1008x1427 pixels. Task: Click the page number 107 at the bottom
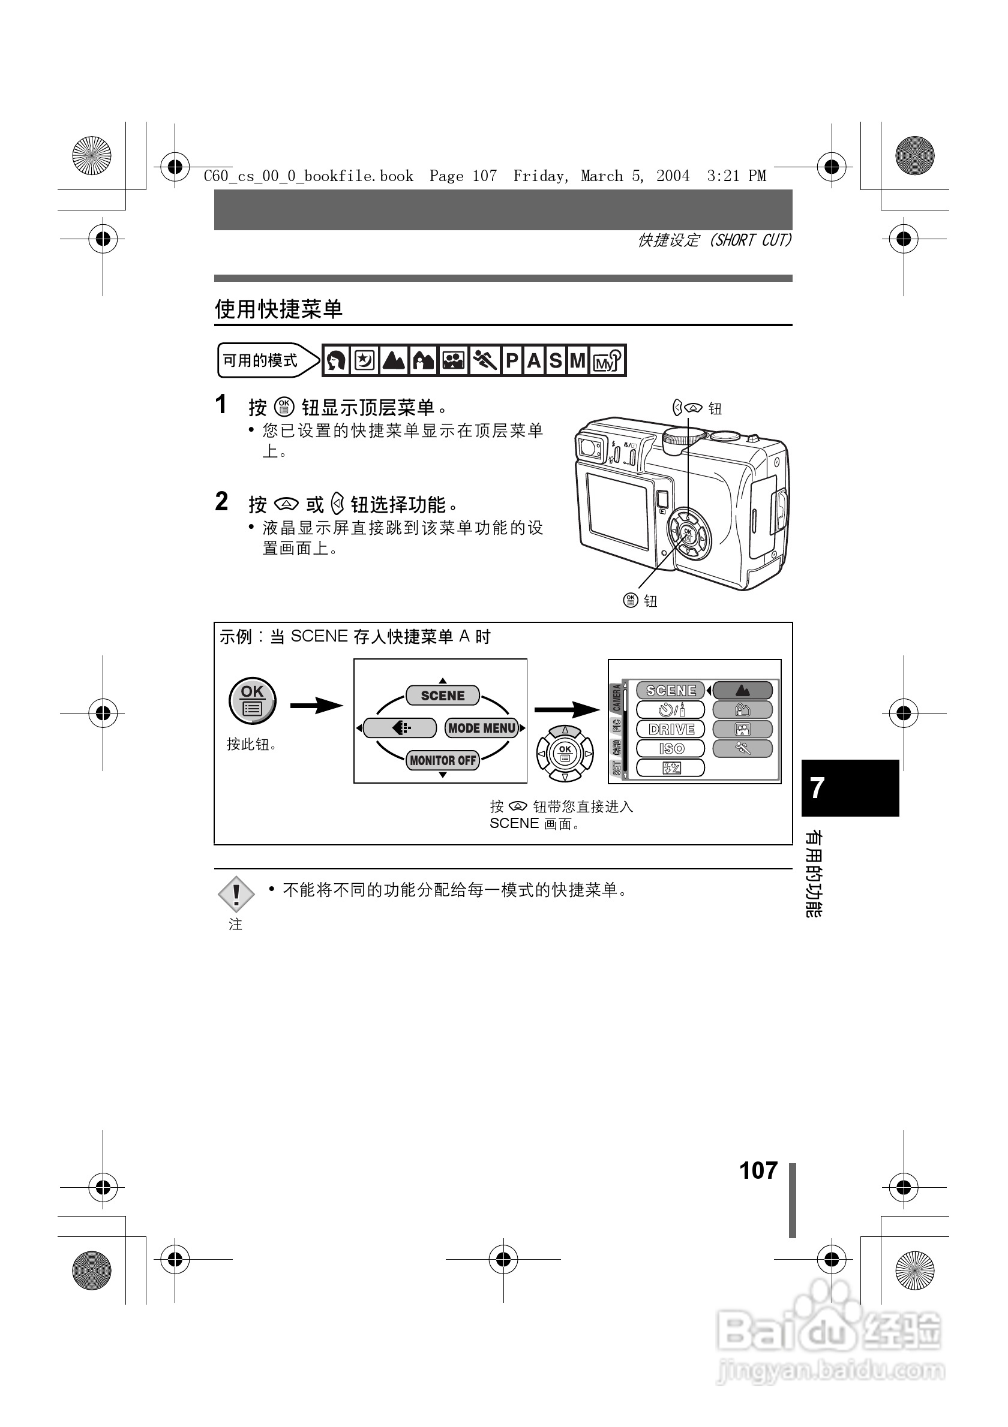coord(758,1171)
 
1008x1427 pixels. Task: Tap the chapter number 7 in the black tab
coord(818,787)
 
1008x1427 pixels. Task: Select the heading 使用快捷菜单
coord(278,309)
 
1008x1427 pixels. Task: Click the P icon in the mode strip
coord(512,360)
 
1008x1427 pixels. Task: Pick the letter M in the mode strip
coord(578,360)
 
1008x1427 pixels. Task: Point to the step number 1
coord(221,405)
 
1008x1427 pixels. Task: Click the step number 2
coord(221,502)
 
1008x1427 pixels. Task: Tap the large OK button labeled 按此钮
coord(252,700)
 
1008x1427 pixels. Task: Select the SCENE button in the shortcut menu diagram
coord(442,696)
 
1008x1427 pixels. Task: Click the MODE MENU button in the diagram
coord(482,728)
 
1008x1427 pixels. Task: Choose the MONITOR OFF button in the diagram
coord(442,760)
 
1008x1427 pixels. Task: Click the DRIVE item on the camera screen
coord(670,729)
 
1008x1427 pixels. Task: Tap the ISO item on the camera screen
coord(670,748)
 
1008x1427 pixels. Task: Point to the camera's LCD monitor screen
coord(617,511)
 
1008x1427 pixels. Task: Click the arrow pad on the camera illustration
coord(687,533)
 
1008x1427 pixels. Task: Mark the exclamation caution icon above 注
coord(236,895)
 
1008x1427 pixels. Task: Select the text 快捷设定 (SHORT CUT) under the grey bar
coord(715,240)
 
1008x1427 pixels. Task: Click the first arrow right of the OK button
coord(316,706)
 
